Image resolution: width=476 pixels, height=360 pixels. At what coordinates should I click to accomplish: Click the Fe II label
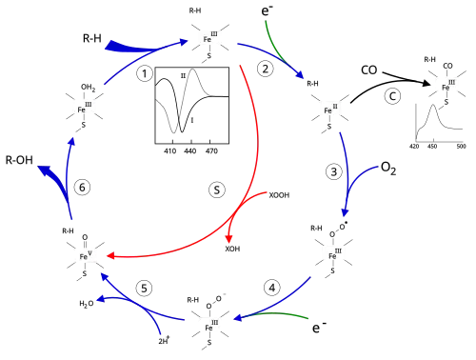click(x=328, y=109)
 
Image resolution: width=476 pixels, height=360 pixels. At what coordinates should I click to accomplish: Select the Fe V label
click(x=85, y=255)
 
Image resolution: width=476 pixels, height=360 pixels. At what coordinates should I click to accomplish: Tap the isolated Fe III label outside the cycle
click(x=449, y=85)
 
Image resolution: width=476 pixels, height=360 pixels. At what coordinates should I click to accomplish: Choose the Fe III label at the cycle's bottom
click(x=213, y=324)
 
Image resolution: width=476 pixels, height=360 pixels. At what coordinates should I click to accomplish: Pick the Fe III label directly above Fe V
click(x=84, y=107)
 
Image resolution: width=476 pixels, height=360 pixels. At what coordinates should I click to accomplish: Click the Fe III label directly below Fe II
click(x=334, y=253)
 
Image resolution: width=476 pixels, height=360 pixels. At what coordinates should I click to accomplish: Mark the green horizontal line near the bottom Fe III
click(x=286, y=316)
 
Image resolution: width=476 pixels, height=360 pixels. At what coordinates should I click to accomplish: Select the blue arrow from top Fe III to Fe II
click(x=271, y=56)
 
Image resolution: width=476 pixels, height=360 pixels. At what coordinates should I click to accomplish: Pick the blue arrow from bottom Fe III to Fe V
click(x=143, y=305)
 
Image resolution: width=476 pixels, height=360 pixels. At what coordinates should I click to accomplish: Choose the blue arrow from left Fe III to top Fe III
click(x=133, y=57)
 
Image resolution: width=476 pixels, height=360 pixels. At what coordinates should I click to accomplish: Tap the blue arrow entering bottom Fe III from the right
click(x=276, y=302)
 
